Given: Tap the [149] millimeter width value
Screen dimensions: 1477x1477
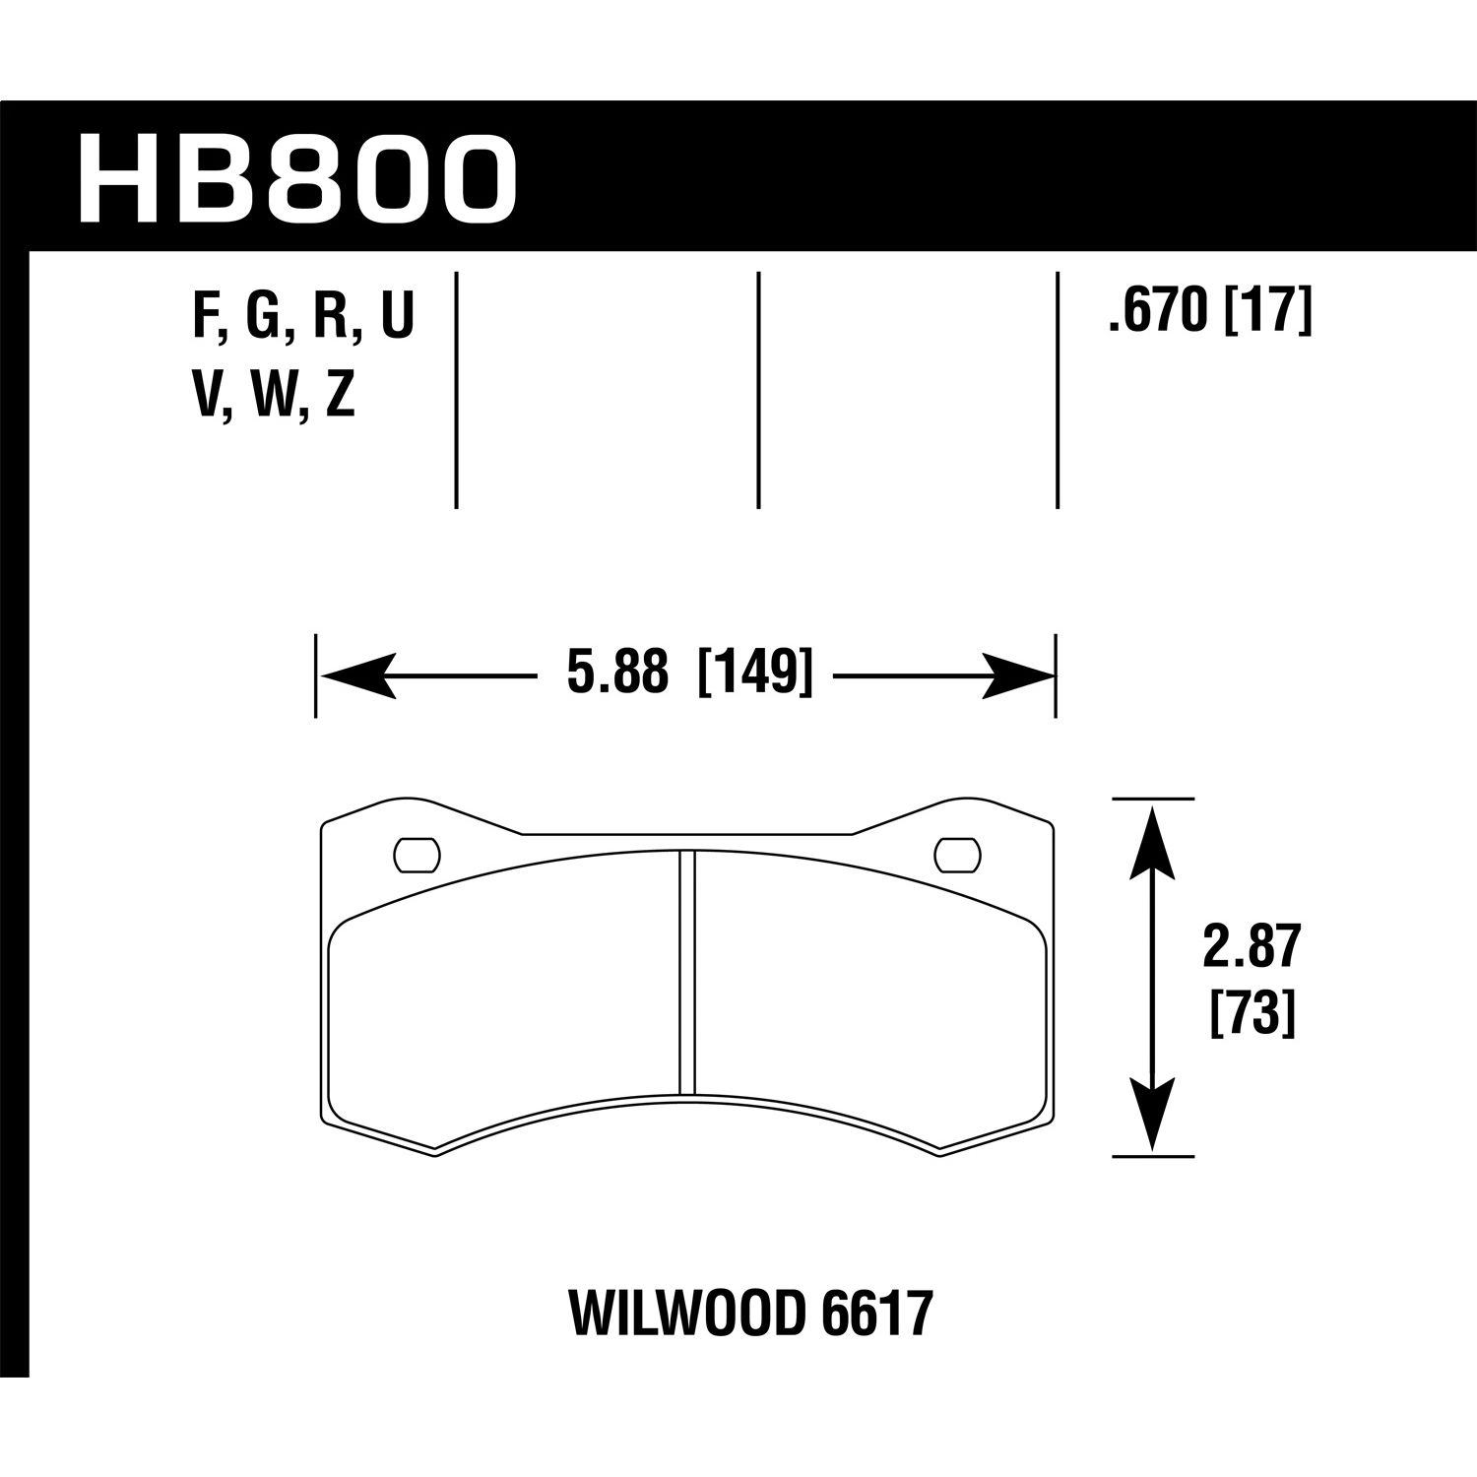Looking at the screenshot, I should click(x=755, y=675).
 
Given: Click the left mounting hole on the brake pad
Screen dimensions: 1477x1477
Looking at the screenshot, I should click(x=417, y=855).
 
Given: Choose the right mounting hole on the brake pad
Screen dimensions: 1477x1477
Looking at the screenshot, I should click(x=957, y=855).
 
